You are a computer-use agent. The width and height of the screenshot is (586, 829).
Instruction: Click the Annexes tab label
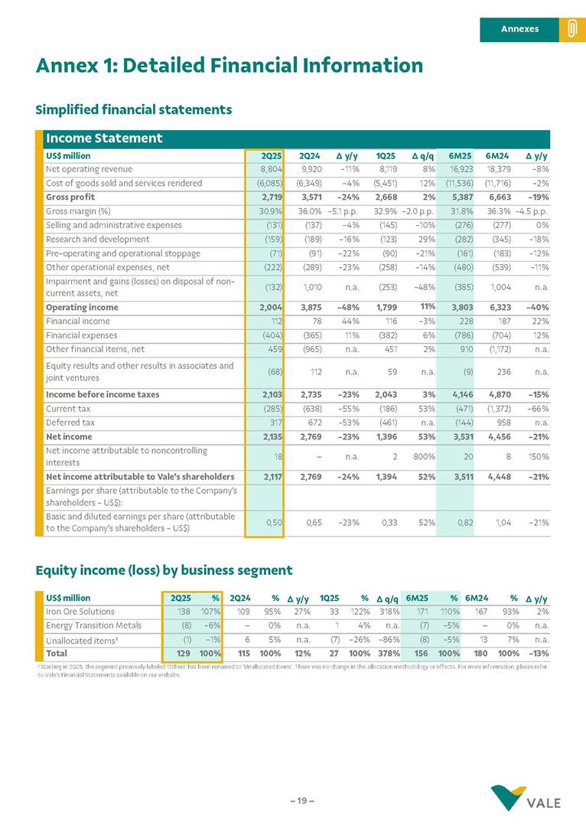pyautogui.click(x=519, y=29)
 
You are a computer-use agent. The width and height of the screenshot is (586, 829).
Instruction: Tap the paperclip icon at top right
pyautogui.click(x=571, y=29)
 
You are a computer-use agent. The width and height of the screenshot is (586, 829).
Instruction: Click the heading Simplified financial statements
pyautogui.click(x=134, y=109)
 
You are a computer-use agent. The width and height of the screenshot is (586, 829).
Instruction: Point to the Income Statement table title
pyautogui.click(x=104, y=139)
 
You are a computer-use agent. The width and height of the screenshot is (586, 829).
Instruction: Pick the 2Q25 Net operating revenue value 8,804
pyautogui.click(x=272, y=169)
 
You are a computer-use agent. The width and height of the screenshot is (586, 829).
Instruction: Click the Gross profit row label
pyautogui.click(x=70, y=197)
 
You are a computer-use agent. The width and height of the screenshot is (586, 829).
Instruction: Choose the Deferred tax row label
pyautogui.click(x=70, y=422)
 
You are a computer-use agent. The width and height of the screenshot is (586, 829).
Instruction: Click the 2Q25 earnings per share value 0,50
pyautogui.click(x=274, y=522)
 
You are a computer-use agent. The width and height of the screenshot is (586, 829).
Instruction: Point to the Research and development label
pyautogui.click(x=95, y=239)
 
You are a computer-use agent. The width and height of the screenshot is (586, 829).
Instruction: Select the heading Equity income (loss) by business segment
pyautogui.click(x=164, y=570)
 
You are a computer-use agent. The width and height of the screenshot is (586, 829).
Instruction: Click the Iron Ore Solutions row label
pyautogui.click(x=80, y=612)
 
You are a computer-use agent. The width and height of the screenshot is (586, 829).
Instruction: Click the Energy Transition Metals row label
pyautogui.click(x=93, y=625)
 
